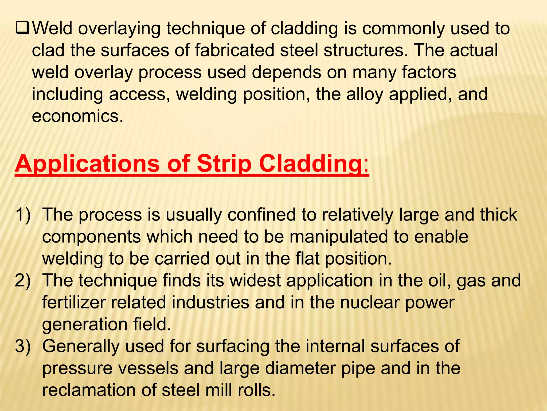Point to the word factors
click(x=429, y=73)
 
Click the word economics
click(x=78, y=116)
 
